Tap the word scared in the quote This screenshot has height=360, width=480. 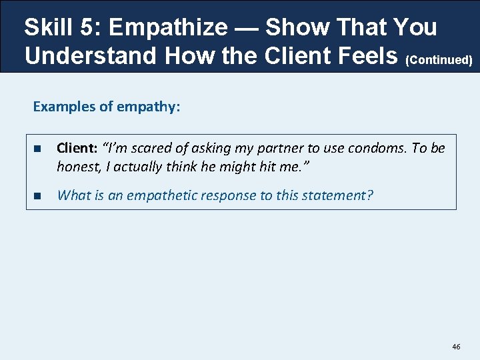(x=137, y=148)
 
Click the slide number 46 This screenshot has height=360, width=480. (x=456, y=347)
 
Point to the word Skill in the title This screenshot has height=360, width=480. (x=49, y=27)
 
